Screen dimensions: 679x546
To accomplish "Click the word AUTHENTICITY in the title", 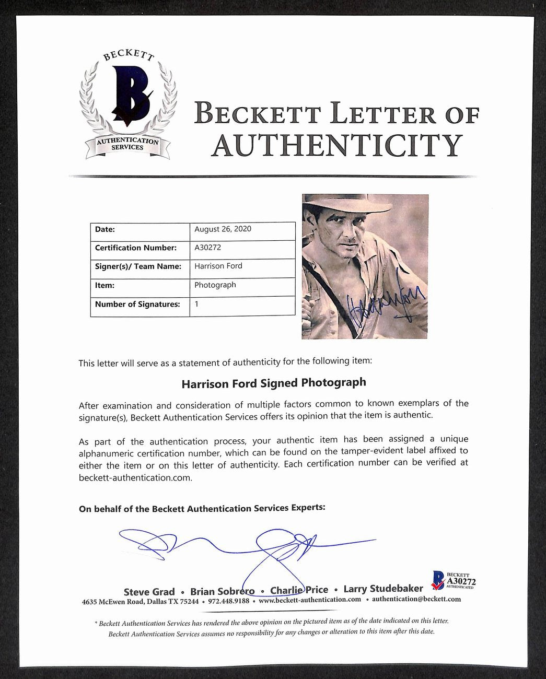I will tap(336, 145).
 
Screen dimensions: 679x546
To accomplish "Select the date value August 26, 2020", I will tap(223, 229).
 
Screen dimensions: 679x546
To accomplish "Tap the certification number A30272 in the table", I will tap(207, 248).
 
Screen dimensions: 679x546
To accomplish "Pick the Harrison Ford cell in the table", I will tap(218, 266).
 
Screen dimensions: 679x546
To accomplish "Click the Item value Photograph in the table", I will tap(215, 285).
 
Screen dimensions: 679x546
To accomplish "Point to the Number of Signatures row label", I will tap(137, 304).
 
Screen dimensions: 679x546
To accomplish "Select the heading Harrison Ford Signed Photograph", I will tap(273, 383).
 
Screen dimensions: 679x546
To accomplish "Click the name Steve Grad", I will tap(149, 591).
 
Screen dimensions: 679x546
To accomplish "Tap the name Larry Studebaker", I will tap(383, 589).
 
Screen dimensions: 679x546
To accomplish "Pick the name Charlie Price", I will tap(299, 590).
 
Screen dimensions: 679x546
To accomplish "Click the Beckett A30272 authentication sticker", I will tap(452, 579).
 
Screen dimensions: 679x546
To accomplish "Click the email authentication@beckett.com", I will tap(416, 599).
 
